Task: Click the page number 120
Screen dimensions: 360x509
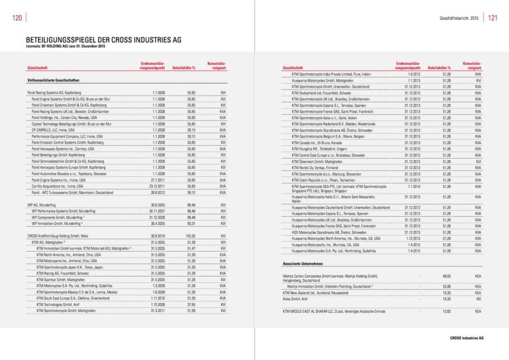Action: coord(16,18)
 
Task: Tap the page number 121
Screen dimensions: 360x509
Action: coord(492,18)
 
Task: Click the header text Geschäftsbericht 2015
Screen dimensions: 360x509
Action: coord(459,18)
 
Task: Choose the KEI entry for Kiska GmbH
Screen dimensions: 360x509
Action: coord(478,299)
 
